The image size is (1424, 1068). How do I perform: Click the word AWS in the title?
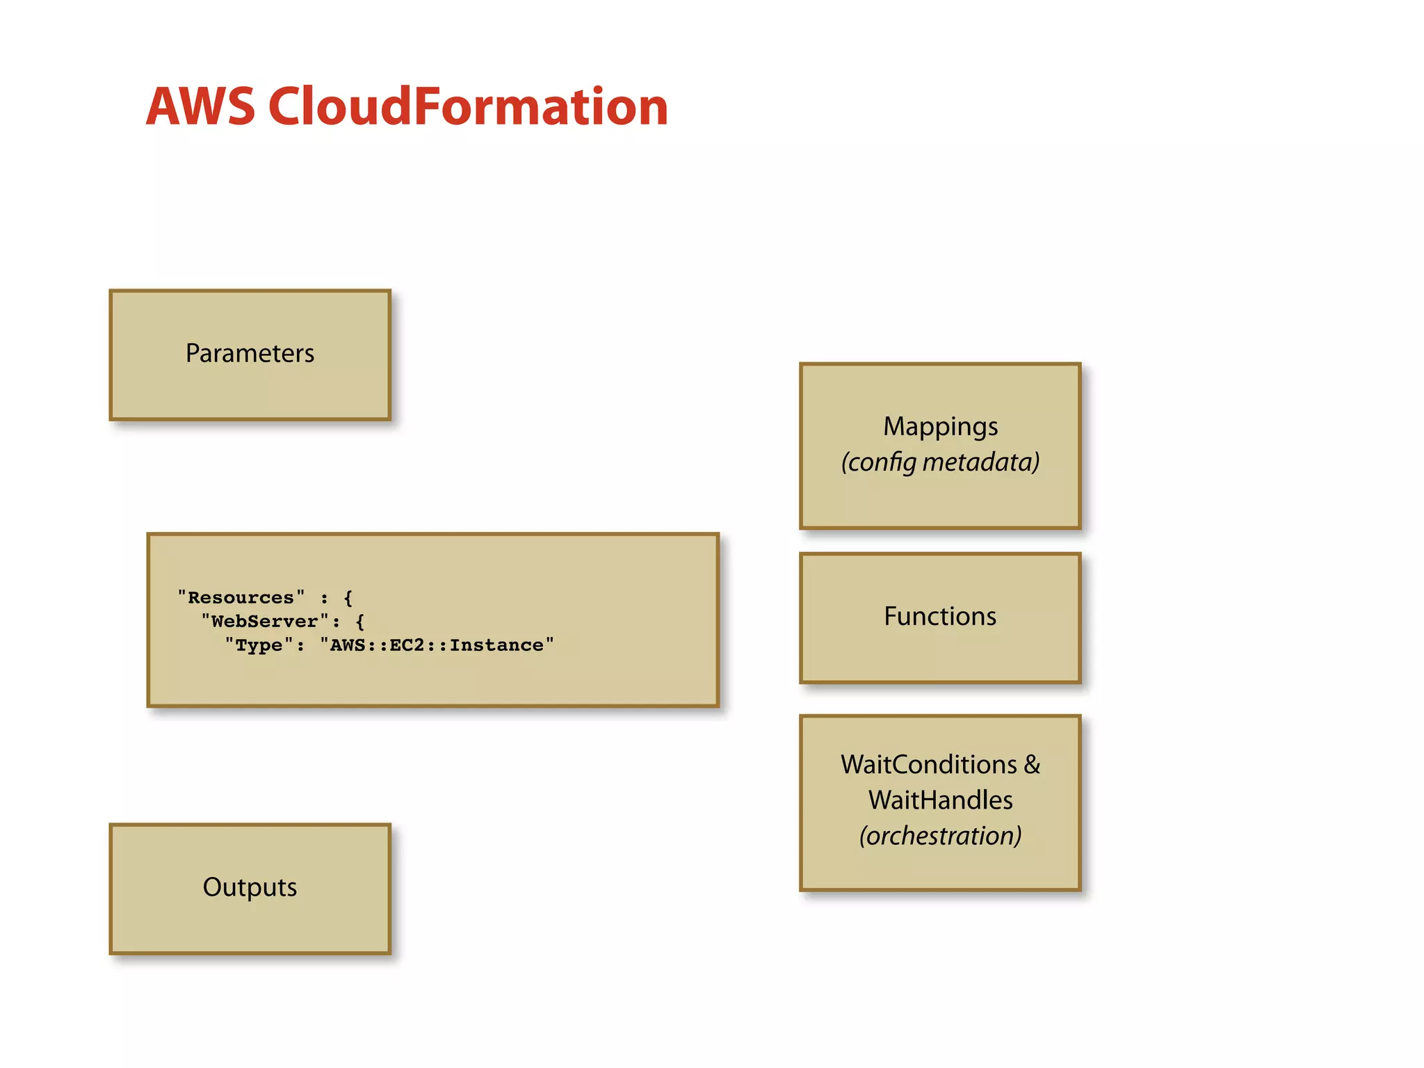tap(200, 106)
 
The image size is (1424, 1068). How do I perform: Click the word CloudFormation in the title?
tap(468, 106)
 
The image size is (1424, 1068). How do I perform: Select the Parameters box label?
tap(250, 353)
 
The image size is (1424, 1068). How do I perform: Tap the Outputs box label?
tap(250, 887)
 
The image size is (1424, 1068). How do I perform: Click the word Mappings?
tap(940, 426)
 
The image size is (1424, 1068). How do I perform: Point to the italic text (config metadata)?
tap(940, 462)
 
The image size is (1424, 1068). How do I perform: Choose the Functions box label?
tap(940, 616)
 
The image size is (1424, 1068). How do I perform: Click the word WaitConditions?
tap(929, 764)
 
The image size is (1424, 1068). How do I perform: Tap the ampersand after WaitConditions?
tap(1032, 764)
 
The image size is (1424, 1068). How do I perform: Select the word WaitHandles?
tap(940, 800)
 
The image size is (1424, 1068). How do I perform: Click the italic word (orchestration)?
tap(940, 836)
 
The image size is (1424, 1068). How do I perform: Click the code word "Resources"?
tap(241, 597)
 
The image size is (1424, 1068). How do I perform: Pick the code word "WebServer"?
tap(264, 621)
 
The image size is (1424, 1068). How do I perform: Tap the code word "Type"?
tap(259, 645)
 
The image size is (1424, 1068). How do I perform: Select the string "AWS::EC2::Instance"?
tap(437, 645)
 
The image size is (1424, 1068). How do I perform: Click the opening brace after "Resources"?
tap(348, 597)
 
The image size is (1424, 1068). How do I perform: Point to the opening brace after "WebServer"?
tap(359, 621)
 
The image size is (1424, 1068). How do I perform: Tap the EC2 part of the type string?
tap(407, 645)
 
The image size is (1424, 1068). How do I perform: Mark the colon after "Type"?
tap(300, 646)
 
